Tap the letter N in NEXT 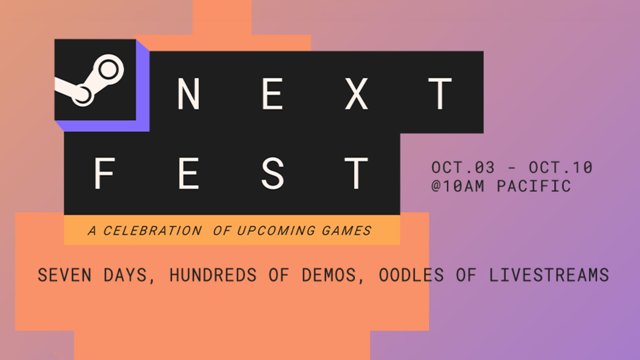click(189, 94)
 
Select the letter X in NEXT click(356, 94)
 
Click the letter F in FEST click(104, 173)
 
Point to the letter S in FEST click(273, 173)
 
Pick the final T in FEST click(356, 173)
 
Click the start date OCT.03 click(463, 167)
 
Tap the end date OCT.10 click(561, 167)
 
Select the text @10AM click(458, 186)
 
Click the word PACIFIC click(534, 186)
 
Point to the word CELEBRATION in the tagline click(152, 231)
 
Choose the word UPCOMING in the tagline click(276, 231)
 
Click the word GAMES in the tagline click(346, 231)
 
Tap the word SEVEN click(64, 275)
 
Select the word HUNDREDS click(213, 275)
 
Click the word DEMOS click(329, 275)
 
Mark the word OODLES click(411, 275)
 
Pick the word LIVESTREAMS click(549, 275)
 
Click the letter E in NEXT click(272, 94)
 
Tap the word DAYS click(125, 275)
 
